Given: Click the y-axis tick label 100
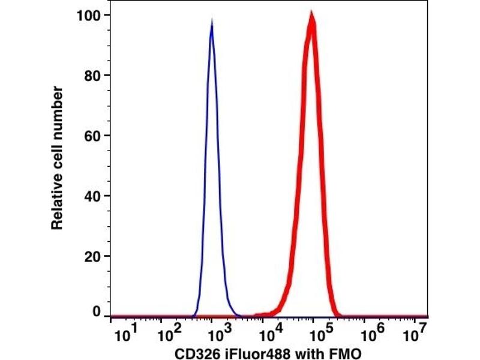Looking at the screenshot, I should click(x=88, y=14).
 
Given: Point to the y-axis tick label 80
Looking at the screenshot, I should click(x=91, y=75).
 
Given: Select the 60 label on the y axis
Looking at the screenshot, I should click(x=91, y=136).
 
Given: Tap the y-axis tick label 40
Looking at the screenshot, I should click(x=91, y=196).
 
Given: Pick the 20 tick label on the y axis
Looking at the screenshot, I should click(x=91, y=256).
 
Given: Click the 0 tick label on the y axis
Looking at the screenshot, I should click(x=95, y=313).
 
